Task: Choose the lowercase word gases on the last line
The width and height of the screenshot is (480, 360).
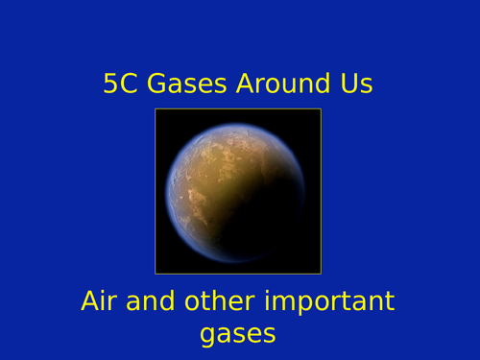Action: pos(238,334)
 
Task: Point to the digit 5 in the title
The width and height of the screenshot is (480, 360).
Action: pos(111,84)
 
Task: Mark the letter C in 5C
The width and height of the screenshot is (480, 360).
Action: pos(129,84)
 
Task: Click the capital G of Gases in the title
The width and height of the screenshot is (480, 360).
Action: pos(156,84)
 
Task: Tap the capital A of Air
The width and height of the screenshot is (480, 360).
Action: pos(89,301)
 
